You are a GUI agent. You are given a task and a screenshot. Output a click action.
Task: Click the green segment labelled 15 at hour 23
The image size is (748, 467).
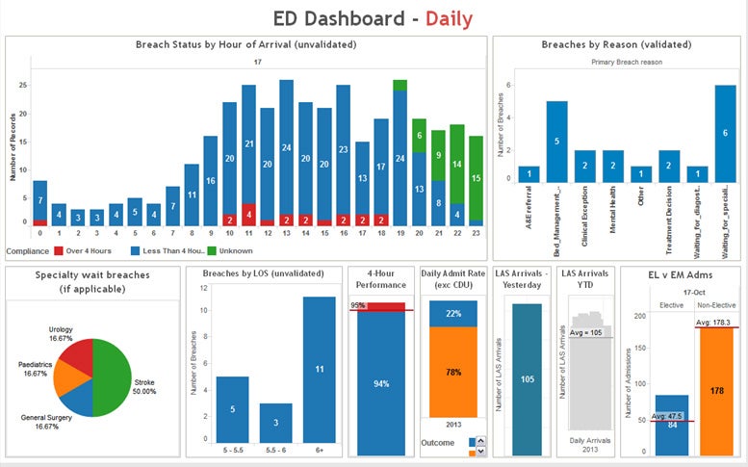coord(476,177)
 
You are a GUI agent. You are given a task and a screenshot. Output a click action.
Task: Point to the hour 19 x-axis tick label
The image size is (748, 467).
coord(400,232)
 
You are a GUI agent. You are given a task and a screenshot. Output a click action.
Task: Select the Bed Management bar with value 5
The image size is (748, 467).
coord(556,141)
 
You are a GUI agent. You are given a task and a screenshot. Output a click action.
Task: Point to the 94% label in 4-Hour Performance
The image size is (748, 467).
coord(381,382)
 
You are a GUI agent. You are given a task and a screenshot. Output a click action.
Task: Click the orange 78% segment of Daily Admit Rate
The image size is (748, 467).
coord(452,372)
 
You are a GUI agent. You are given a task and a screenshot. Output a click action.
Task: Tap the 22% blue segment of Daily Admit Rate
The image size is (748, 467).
coord(452,314)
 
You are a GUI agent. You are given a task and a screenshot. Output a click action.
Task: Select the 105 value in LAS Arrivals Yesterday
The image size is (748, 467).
coord(526,378)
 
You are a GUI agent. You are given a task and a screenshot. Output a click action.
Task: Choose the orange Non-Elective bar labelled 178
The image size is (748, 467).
coord(718,390)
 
